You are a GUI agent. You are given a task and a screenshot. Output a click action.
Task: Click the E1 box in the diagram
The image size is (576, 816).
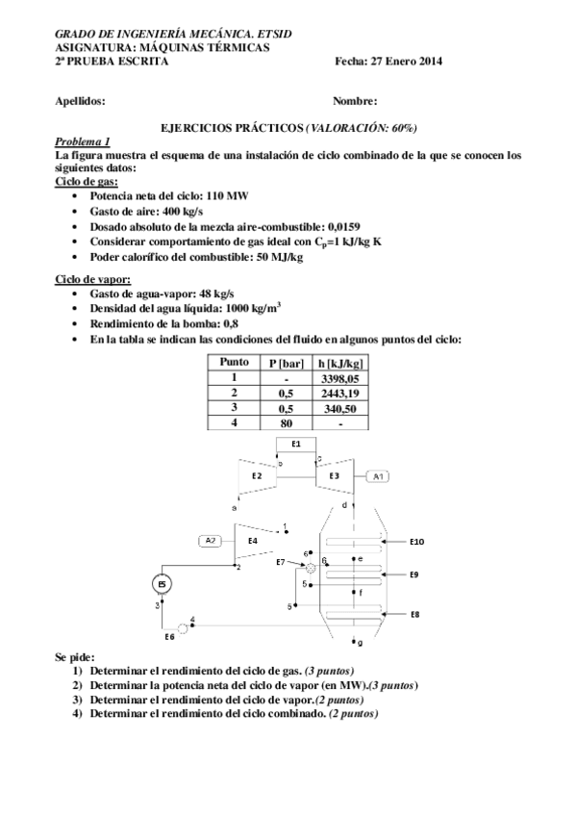296,444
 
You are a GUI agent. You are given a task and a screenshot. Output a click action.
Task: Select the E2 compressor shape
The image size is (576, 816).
257,475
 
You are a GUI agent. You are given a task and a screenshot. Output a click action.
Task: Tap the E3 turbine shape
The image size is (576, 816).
334,475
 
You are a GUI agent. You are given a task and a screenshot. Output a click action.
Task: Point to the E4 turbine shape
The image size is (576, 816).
253,541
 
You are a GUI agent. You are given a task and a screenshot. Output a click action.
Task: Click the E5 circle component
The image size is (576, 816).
162,584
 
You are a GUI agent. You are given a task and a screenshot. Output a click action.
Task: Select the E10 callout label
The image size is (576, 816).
415,542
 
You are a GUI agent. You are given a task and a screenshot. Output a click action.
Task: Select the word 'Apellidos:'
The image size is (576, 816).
81,100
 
